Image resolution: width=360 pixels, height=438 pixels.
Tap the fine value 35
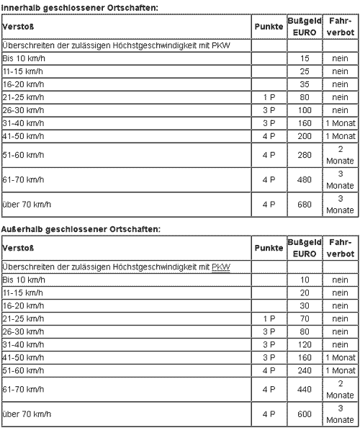tap(303, 84)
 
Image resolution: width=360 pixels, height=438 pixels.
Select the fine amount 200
tap(303, 135)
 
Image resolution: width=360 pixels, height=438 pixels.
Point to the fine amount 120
tap(303, 344)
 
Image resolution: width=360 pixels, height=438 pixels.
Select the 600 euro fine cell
tap(303, 414)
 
